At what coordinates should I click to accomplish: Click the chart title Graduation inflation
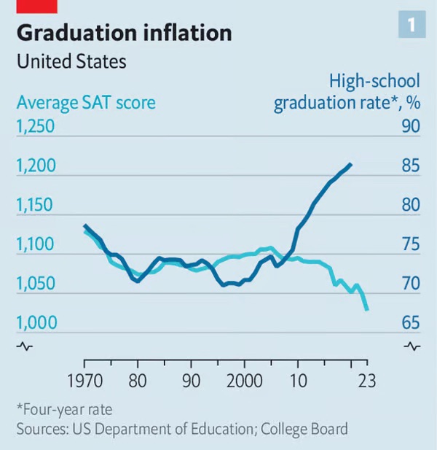pos(124,33)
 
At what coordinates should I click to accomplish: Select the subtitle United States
pos(71,62)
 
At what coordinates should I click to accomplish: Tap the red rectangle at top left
pos(36,6)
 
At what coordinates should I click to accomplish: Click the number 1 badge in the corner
pos(411,26)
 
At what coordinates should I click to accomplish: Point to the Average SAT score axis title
pos(86,102)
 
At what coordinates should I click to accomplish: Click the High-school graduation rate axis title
pos(347,93)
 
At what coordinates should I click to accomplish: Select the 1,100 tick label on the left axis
pos(35,244)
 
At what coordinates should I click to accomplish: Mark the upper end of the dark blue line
pos(351,165)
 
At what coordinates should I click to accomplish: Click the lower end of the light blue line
pos(367,309)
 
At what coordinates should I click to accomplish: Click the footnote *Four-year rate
pos(64,409)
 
